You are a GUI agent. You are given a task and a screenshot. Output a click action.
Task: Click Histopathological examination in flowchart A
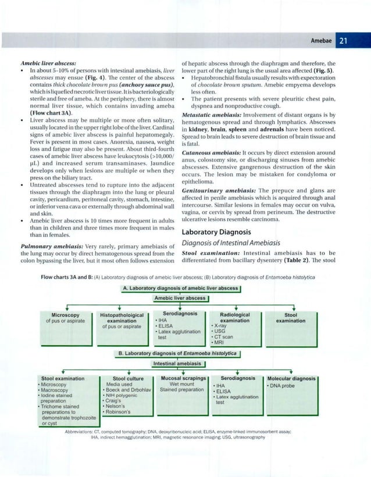point(122,317)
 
